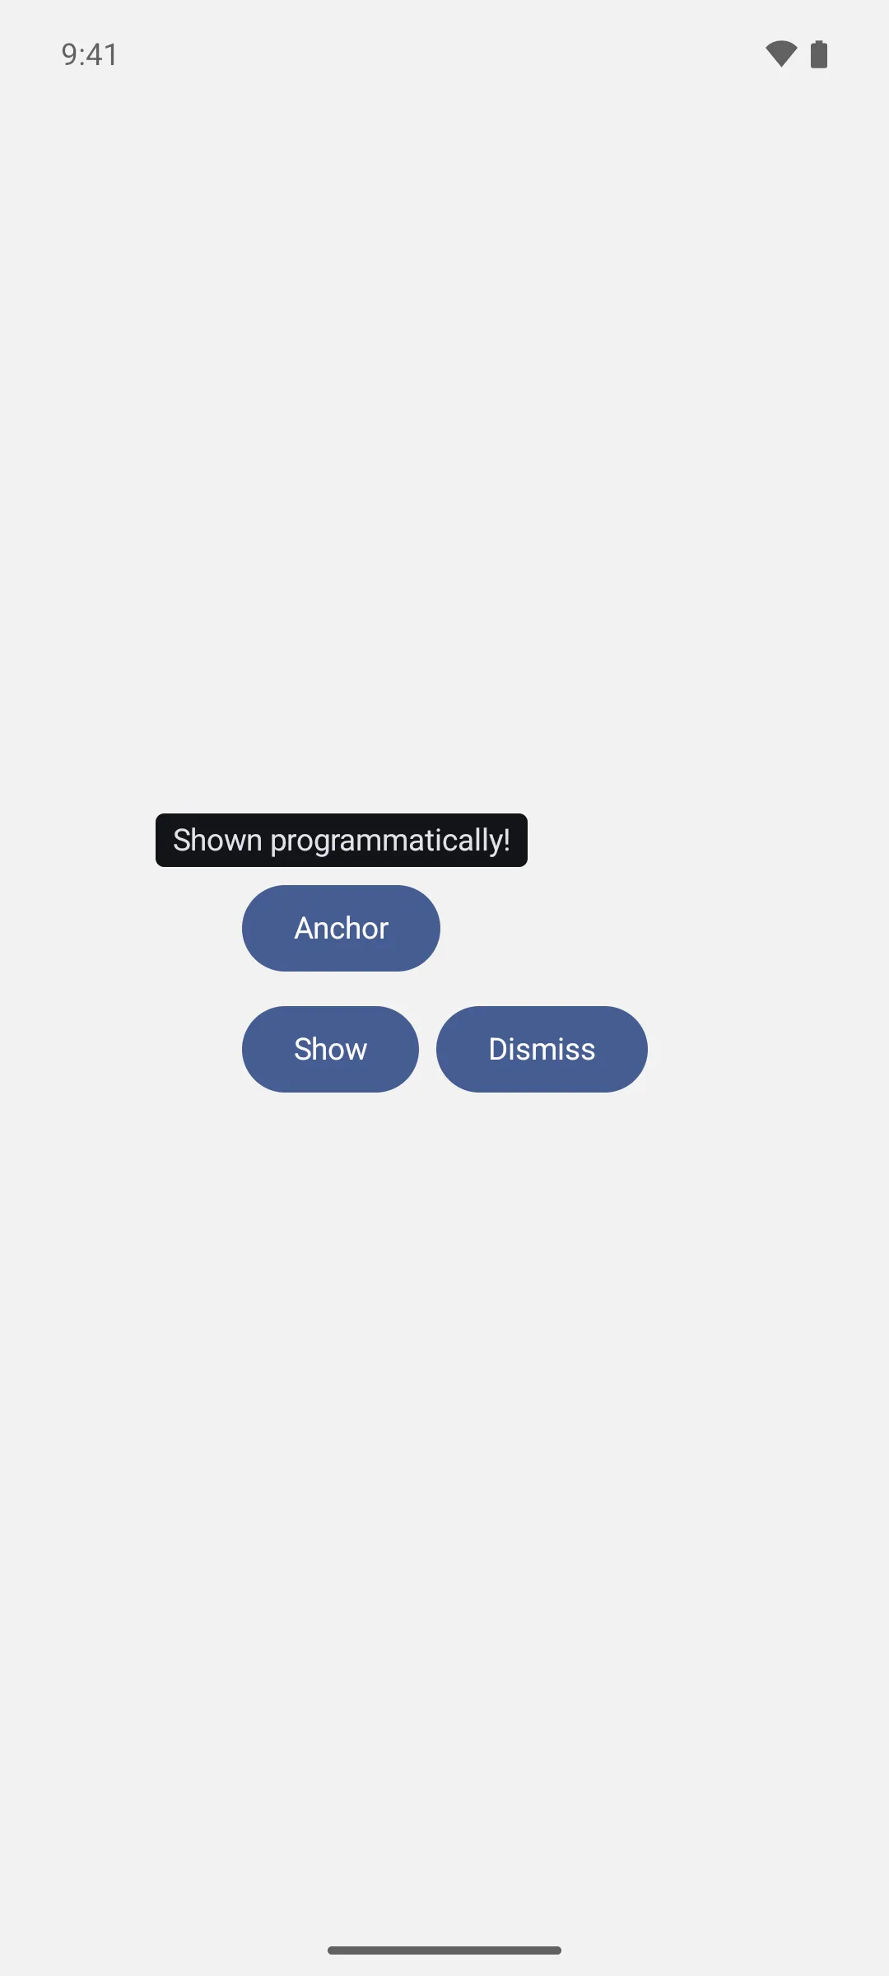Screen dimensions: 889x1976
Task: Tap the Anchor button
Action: pos(341,928)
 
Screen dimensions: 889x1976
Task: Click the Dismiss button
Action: pos(542,1049)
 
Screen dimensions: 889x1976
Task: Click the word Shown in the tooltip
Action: pos(217,840)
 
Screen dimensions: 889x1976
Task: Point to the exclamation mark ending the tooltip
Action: pos(505,840)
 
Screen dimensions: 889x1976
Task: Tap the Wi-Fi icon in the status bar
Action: pos(781,54)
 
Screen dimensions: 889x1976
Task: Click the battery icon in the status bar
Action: pos(819,54)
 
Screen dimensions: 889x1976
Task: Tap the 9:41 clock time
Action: pos(90,54)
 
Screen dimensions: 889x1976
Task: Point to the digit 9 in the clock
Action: pos(70,54)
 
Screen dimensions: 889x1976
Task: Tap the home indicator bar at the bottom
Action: pos(444,1950)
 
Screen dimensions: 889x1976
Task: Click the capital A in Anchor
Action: pos(305,928)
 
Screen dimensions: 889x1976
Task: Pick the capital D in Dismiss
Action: pos(499,1049)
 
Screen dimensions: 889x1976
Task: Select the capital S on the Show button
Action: pos(304,1049)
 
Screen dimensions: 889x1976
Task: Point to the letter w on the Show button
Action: pos(356,1052)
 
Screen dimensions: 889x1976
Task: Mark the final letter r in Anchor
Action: pos(384,931)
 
